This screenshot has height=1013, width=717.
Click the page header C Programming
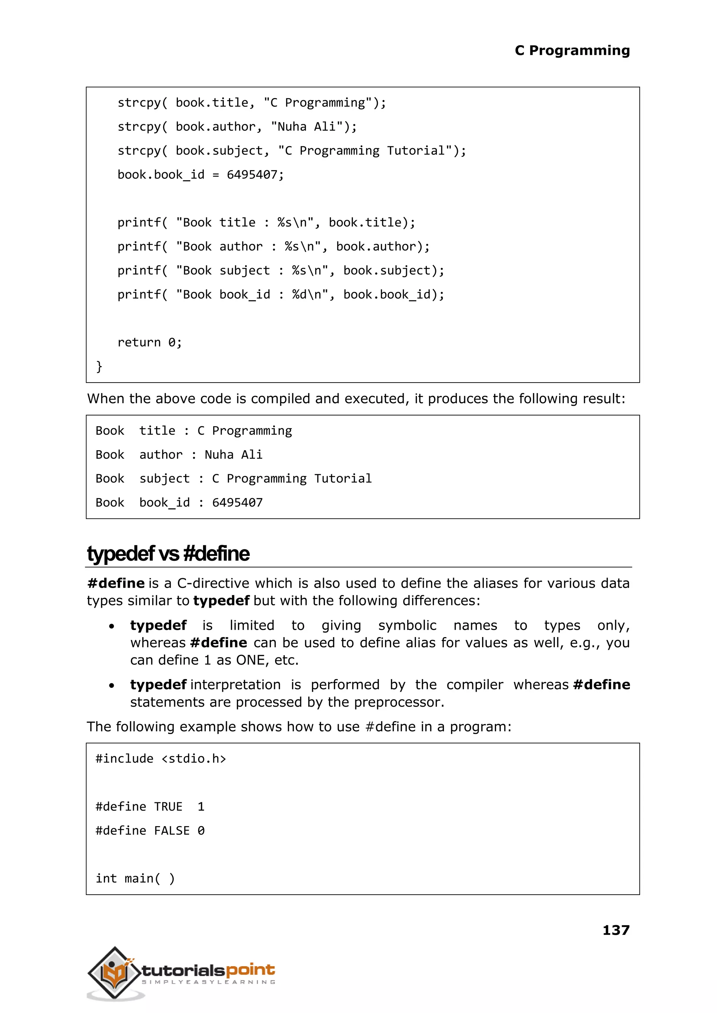(x=572, y=50)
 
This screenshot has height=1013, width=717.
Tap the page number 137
(x=615, y=930)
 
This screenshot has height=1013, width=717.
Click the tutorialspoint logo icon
(x=115, y=972)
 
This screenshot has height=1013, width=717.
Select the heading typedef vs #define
(x=168, y=554)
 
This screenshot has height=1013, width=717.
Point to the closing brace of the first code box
(x=99, y=366)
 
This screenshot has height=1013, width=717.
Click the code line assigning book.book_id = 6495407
(x=201, y=175)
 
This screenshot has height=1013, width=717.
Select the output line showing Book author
(x=179, y=455)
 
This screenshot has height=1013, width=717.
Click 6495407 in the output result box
(x=237, y=503)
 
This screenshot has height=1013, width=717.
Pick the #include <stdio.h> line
(x=161, y=759)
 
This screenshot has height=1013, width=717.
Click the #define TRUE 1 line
(x=150, y=807)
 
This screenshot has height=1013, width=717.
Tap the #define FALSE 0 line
(x=150, y=831)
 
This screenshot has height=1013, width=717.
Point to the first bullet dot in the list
(x=112, y=626)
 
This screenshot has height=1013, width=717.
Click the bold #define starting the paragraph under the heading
(x=116, y=584)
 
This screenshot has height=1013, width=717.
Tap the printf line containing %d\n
(x=280, y=294)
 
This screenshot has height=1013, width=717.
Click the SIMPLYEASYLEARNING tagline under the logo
(x=208, y=982)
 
